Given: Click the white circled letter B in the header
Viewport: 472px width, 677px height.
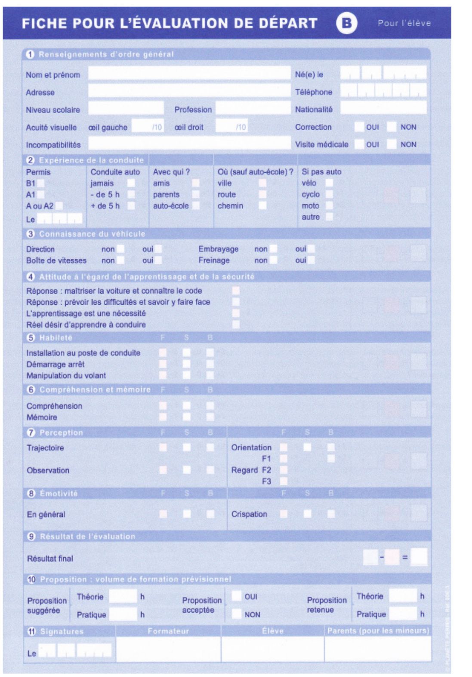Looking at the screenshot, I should [346, 23].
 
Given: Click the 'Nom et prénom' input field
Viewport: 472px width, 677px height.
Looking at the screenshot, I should [189, 74].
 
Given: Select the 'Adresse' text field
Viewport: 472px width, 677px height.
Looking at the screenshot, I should [189, 91].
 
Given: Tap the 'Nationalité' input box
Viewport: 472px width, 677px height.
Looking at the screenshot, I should [383, 108].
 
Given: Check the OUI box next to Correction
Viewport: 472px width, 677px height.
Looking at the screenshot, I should [359, 127].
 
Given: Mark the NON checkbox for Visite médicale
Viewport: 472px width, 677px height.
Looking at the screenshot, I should [391, 144].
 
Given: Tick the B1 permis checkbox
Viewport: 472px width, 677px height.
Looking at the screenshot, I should [41, 184].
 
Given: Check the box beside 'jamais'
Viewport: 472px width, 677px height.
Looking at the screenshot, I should [131, 183].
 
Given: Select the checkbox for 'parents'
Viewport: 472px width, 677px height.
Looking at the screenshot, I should [196, 194].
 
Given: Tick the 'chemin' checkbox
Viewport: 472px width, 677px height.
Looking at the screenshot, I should [262, 205].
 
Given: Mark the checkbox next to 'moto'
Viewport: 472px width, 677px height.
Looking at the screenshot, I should [329, 205].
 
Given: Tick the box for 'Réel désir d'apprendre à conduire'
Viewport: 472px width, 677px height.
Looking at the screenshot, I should [236, 325].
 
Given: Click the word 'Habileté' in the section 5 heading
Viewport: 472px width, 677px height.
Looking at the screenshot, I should [56, 338].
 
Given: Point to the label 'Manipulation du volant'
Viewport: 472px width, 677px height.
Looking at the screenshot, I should [66, 376].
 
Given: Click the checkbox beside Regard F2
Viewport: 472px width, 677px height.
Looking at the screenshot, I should [284, 470].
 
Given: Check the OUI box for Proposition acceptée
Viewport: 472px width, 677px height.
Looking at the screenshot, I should [236, 596].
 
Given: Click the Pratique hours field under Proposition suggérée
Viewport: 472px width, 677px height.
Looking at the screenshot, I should [123, 614].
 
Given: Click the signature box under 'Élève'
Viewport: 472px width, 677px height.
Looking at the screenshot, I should [272, 649].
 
